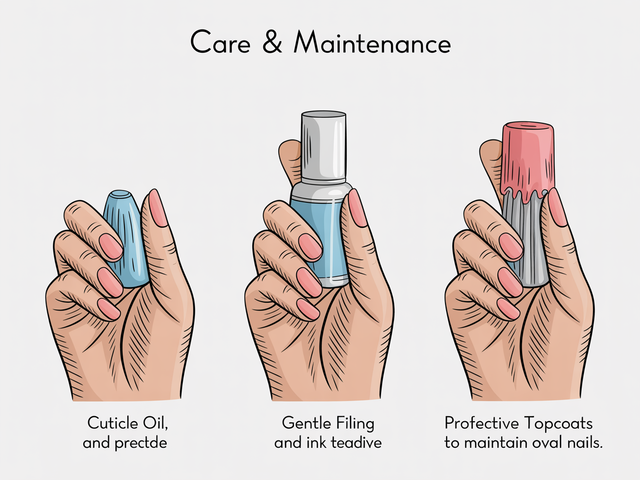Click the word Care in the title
(221, 43)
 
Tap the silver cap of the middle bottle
(324, 146)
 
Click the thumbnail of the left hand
(157, 208)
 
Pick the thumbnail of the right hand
(557, 207)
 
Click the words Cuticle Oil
(128, 423)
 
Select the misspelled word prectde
(142, 443)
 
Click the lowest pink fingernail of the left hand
(109, 309)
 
